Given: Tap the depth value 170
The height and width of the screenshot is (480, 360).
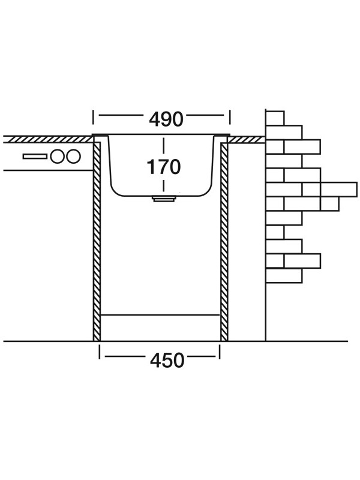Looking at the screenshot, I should coord(163,167).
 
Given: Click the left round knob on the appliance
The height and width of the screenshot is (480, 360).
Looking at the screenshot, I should coord(58,157).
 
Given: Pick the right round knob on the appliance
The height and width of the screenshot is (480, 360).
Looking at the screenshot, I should coord(73,157).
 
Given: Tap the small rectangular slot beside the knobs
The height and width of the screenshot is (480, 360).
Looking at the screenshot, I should coord(35,157).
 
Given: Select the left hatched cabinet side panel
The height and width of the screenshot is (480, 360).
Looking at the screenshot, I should coord(97,240).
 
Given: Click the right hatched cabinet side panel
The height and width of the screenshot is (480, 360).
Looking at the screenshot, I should coord(224,240).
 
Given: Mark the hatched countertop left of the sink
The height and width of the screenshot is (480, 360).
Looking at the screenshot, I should coord(48,139).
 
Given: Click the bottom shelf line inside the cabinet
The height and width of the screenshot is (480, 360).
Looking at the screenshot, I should coord(160,314).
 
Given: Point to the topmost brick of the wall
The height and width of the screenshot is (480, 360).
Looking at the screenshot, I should coord(275,118).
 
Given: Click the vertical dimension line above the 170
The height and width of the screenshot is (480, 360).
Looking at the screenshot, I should coord(163,146).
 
